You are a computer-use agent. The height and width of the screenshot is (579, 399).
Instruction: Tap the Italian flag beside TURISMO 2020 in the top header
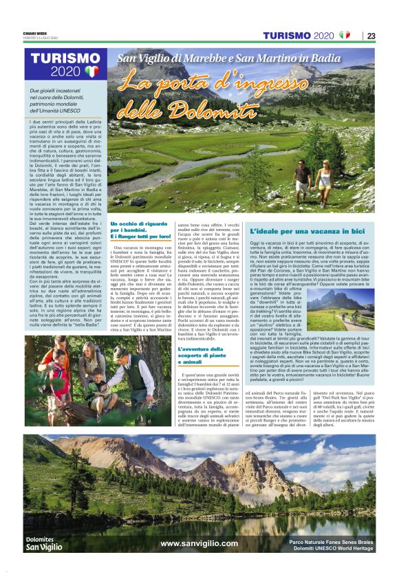pyautogui.click(x=345, y=35)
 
